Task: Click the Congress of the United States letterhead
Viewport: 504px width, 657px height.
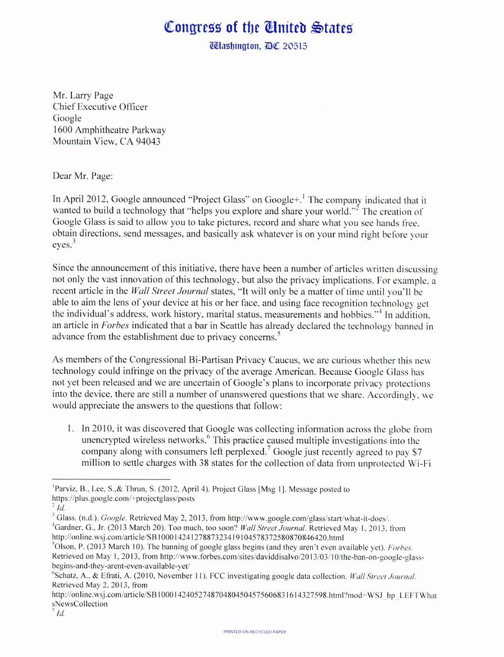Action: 259,26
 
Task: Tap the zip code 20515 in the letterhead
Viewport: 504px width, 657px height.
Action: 290,46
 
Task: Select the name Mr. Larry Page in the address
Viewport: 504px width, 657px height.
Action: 83,95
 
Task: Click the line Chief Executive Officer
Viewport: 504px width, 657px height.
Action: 100,107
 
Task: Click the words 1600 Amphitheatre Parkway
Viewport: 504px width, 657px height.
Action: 109,130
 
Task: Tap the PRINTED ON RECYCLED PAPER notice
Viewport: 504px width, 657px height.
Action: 255,632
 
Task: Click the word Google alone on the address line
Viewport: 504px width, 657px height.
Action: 67,119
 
